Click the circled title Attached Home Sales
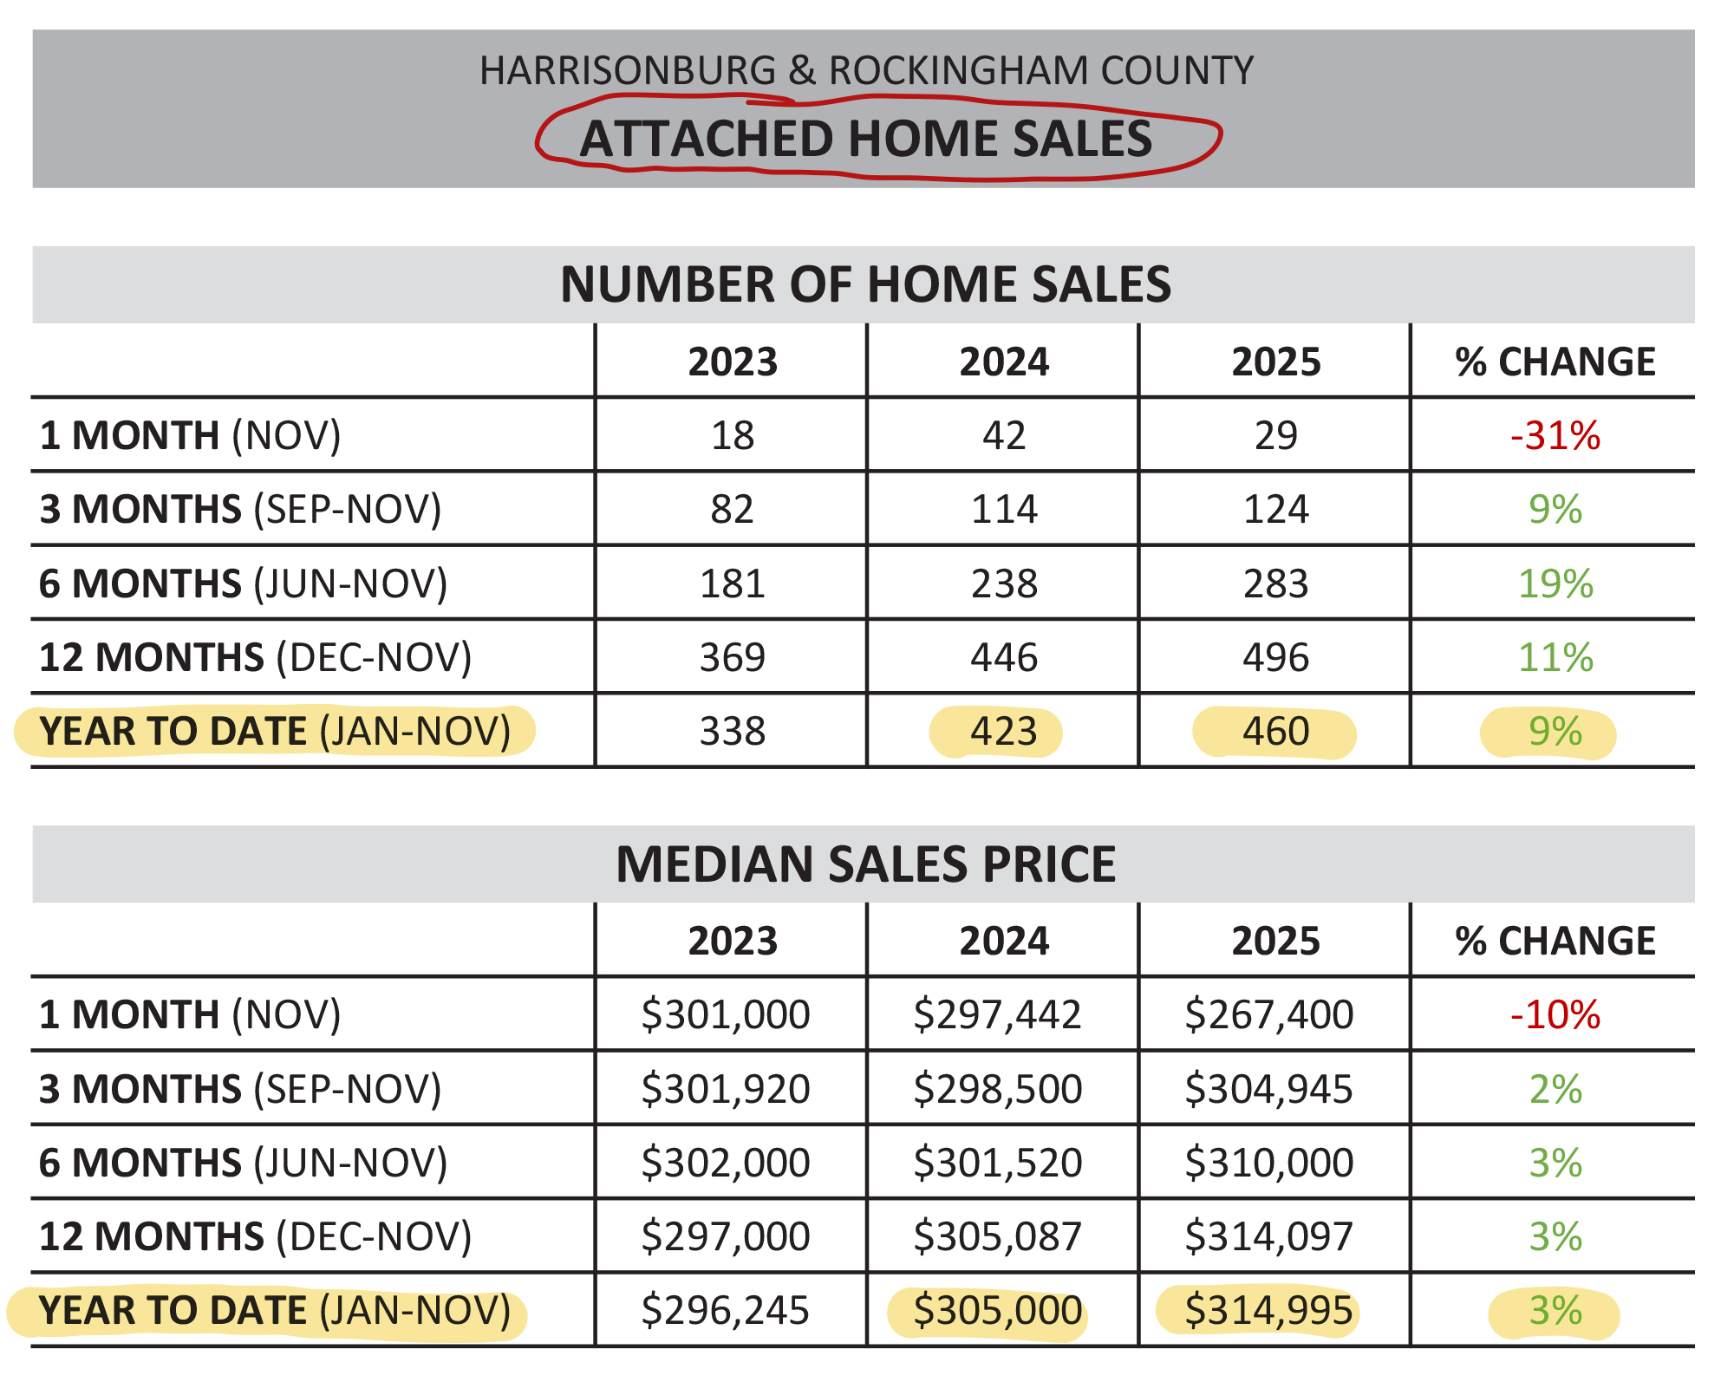tap(866, 139)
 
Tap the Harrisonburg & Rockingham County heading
tap(866, 71)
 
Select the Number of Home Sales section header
tap(865, 284)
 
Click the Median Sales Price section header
tap(865, 864)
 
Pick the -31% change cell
tap(1555, 435)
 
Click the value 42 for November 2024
tap(1004, 435)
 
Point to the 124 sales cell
tap(1275, 509)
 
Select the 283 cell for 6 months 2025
tap(1275, 583)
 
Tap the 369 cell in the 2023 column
tap(733, 657)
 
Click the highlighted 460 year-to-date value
tap(1275, 732)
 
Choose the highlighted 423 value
tap(1004, 732)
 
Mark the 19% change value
tap(1555, 583)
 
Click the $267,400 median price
tap(1269, 1014)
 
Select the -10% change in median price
tap(1555, 1014)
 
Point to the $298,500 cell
tap(998, 1089)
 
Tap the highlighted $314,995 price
tap(1269, 1311)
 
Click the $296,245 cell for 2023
tap(726, 1311)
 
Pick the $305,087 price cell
tap(998, 1236)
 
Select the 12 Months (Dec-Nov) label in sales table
tap(256, 657)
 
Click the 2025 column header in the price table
tap(1275, 941)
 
